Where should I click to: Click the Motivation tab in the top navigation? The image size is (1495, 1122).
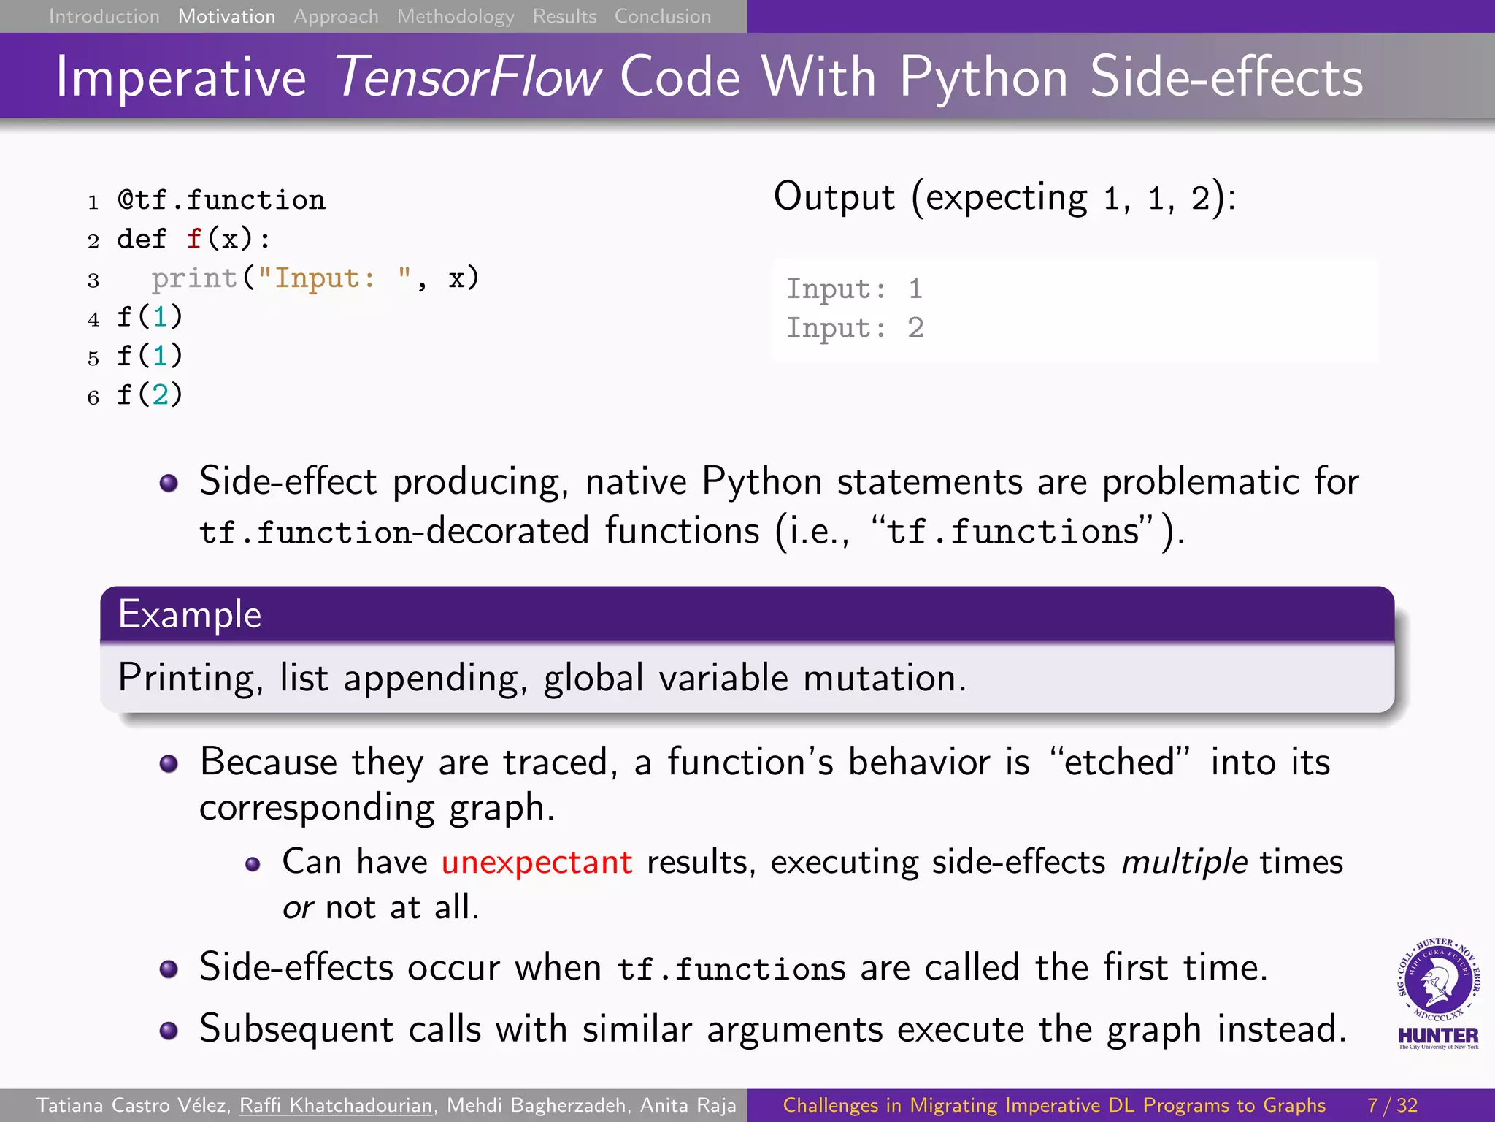pos(226,16)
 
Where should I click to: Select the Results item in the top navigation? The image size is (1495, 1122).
pos(564,16)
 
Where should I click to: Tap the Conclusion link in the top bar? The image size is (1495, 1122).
pos(662,16)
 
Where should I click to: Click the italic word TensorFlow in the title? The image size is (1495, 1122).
pos(467,77)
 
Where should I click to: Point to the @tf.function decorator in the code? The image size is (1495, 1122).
pos(221,200)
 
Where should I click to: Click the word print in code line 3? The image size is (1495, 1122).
pos(194,278)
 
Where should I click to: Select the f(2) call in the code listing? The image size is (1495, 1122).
pos(150,395)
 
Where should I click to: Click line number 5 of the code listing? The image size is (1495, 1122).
pos(93,358)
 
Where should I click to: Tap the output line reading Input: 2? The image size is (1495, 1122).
pos(855,328)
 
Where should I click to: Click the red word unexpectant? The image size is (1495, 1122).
pos(537,862)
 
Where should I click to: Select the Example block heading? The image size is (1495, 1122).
pos(190,614)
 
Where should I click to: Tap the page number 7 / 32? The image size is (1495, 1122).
pos(1392,1105)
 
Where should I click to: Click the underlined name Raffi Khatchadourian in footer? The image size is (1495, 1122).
pos(336,1105)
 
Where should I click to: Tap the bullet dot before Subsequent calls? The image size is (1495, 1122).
pos(169,1031)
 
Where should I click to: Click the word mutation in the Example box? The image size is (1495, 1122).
pos(884,678)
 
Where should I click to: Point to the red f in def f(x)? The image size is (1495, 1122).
pos(193,240)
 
